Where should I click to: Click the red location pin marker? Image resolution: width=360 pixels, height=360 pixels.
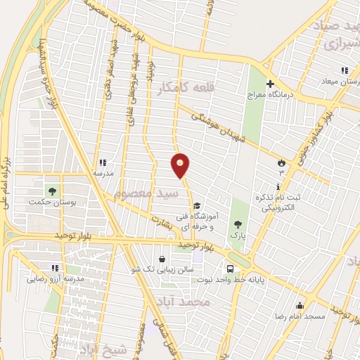181,165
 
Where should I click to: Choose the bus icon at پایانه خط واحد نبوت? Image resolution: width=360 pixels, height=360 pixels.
230,269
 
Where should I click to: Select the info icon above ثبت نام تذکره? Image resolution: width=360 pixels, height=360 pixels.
279,187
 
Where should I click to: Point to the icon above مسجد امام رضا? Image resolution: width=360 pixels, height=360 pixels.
300,305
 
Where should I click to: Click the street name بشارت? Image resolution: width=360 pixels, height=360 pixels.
161,220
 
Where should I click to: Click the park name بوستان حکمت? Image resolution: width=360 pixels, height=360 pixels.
51,202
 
